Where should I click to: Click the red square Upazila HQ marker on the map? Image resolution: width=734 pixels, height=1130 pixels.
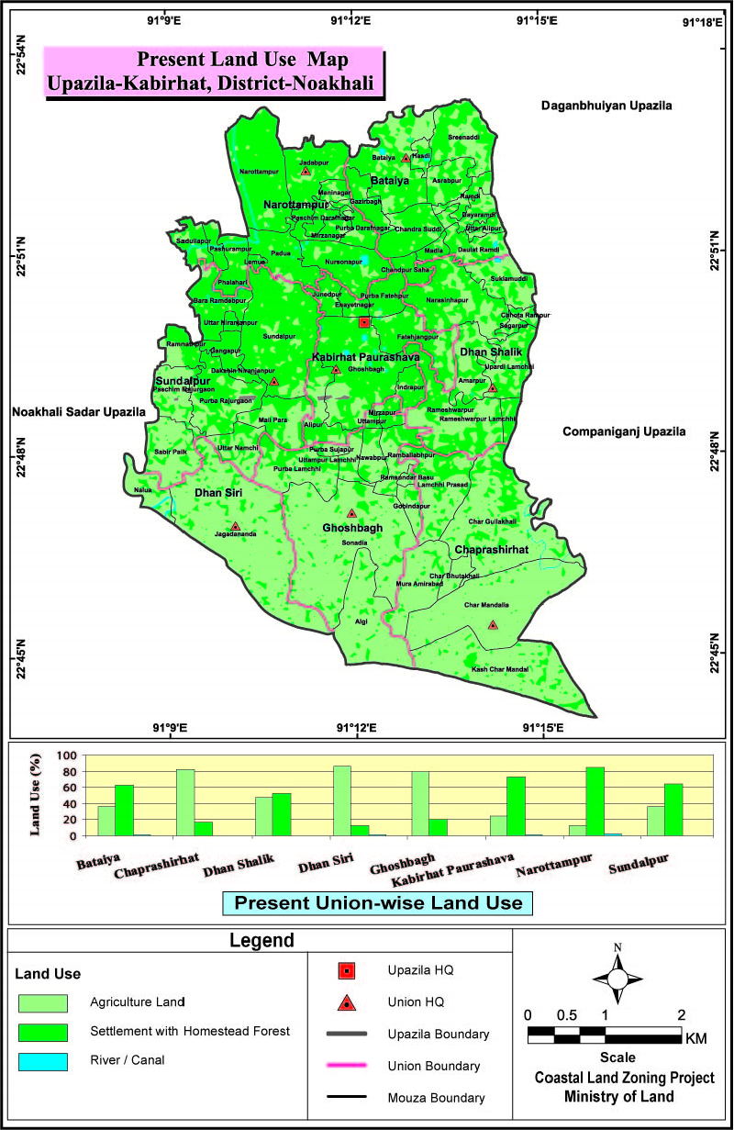pyautogui.click(x=364, y=322)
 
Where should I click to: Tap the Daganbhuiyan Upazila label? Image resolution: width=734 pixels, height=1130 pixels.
pyautogui.click(x=606, y=106)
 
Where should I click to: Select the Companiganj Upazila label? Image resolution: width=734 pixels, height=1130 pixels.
pyautogui.click(x=624, y=431)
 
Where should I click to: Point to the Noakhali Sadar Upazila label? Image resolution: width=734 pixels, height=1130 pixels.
pyautogui.click(x=79, y=413)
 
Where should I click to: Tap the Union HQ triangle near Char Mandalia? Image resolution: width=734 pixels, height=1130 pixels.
pyautogui.click(x=493, y=625)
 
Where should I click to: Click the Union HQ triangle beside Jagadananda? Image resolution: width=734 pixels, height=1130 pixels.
pyautogui.click(x=236, y=527)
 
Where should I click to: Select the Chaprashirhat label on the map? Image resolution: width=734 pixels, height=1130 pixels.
pyautogui.click(x=492, y=549)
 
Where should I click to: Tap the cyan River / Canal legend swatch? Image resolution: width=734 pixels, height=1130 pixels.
pyautogui.click(x=42, y=1062)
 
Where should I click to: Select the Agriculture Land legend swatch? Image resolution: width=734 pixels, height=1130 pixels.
pyautogui.click(x=42, y=1001)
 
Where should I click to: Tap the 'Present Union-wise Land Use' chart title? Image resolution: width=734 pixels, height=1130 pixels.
pyautogui.click(x=378, y=903)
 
